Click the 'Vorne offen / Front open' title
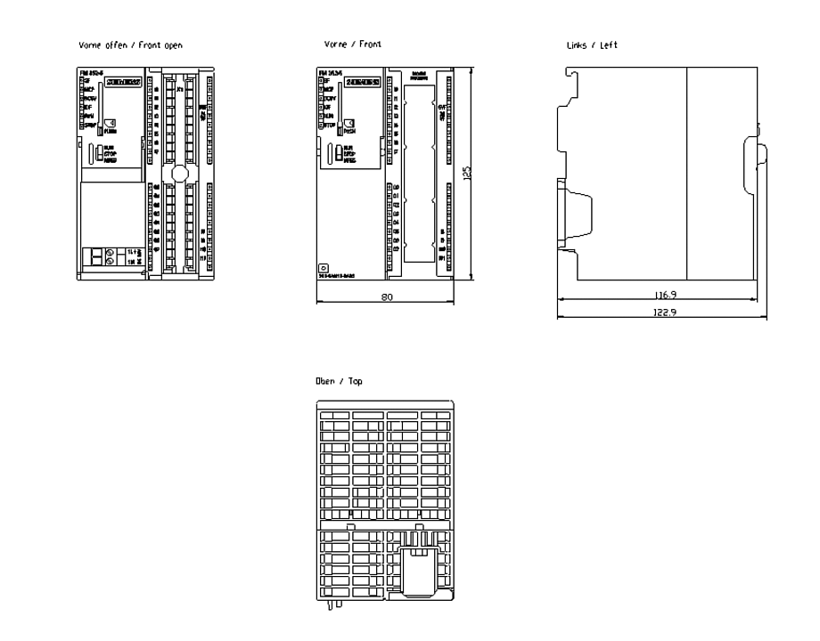(x=130, y=45)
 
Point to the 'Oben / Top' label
(x=339, y=381)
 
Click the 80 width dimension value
(x=386, y=297)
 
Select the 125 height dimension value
(x=466, y=174)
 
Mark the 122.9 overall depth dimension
(x=660, y=312)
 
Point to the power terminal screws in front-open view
(x=111, y=257)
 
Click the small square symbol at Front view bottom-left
(x=324, y=267)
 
